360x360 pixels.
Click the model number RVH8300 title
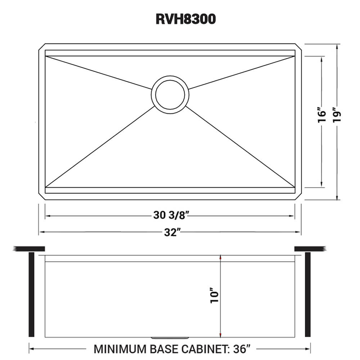(185, 19)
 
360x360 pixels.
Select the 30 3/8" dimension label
(170, 216)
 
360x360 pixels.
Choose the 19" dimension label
(337, 114)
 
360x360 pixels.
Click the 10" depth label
(215, 296)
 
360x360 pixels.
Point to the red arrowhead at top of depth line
(220, 257)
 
